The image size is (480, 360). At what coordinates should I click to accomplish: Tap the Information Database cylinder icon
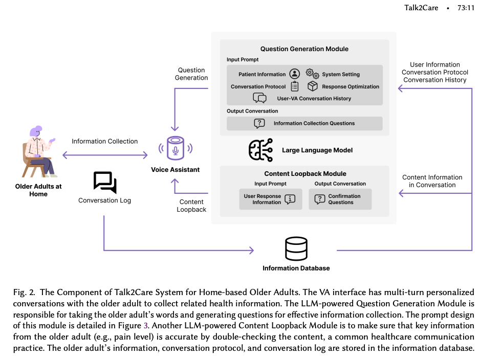click(296, 249)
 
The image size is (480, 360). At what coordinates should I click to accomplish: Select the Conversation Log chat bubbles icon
click(105, 183)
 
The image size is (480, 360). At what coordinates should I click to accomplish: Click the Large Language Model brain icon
click(260, 150)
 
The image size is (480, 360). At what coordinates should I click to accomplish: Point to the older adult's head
click(36, 131)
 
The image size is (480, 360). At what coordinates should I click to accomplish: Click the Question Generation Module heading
click(304, 49)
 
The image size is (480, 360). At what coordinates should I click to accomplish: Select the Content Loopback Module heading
click(305, 174)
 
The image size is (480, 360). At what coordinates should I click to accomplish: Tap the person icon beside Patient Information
click(294, 74)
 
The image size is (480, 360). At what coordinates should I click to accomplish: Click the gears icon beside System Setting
click(312, 74)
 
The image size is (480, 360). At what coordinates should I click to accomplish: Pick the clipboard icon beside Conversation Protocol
click(295, 86)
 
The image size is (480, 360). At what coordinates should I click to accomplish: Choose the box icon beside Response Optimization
click(313, 86)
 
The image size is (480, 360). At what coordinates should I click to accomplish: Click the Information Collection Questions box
click(304, 123)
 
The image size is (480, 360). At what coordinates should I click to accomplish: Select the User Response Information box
click(270, 199)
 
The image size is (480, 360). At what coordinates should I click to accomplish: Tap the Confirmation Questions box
click(340, 199)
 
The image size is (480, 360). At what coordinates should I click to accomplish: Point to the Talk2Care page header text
click(421, 8)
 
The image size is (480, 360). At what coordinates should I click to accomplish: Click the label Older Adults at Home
click(38, 190)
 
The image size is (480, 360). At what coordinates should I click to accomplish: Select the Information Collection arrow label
click(104, 141)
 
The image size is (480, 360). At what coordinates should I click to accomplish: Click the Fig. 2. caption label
click(24, 292)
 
